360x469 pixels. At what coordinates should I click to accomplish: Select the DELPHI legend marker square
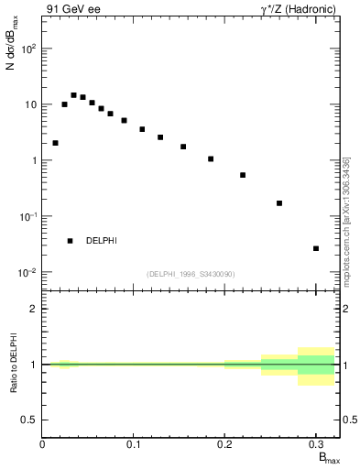pos(70,241)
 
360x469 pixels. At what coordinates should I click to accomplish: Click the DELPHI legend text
pos(101,241)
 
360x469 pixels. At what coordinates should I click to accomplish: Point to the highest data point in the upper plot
pos(73,95)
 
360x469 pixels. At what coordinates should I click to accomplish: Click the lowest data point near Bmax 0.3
pos(316,248)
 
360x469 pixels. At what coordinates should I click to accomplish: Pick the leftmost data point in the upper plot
pos(55,143)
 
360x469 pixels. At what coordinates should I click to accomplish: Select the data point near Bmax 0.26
pos(279,203)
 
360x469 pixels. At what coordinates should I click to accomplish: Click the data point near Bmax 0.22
pos(243,175)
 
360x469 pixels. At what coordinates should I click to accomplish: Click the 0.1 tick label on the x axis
pos(134,444)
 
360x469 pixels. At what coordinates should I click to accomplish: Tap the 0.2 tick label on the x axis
pos(224,444)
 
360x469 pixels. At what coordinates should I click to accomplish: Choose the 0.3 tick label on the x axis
pos(315,444)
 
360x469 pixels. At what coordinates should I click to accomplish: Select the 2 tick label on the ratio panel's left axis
pos(33,309)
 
